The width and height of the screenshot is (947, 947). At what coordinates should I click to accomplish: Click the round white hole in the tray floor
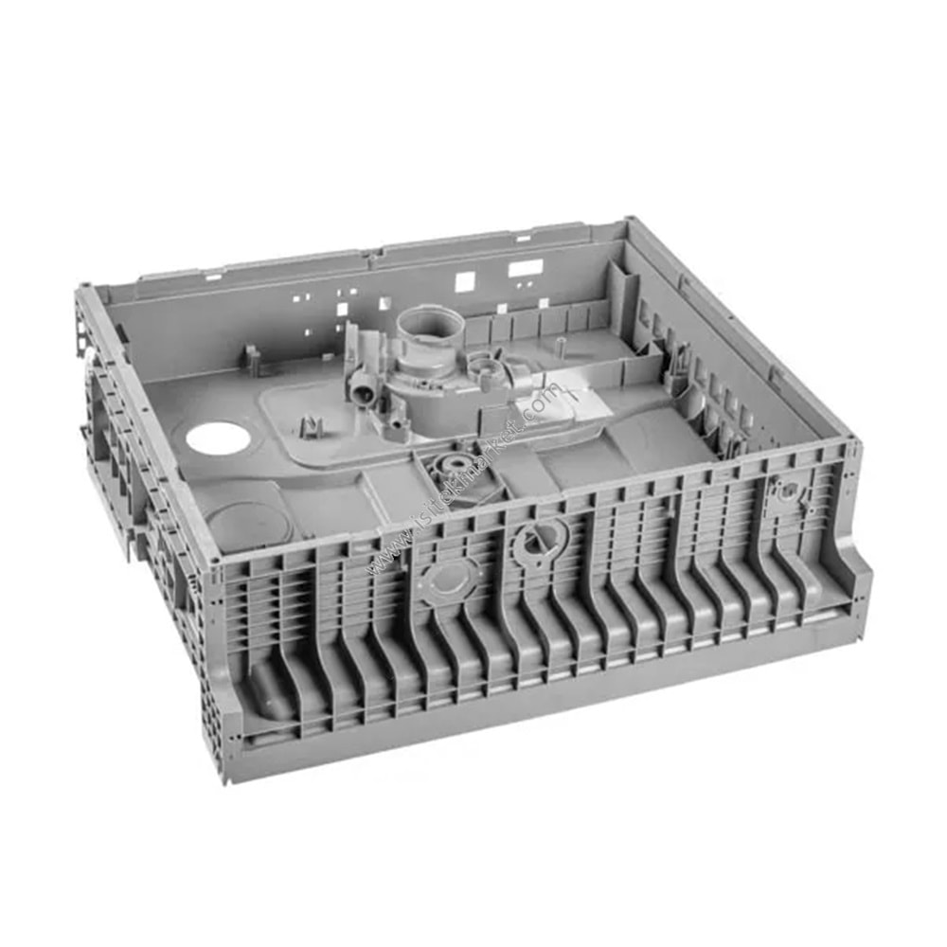point(218,438)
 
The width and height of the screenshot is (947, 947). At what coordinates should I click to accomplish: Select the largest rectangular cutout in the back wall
point(525,269)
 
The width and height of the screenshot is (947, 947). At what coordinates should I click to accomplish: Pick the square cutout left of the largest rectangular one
point(464,281)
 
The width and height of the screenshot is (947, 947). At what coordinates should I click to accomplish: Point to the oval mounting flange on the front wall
point(448,580)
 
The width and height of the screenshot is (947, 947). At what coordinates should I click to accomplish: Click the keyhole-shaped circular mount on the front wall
point(536,540)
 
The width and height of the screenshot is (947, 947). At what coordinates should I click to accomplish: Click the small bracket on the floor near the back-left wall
point(252,358)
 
